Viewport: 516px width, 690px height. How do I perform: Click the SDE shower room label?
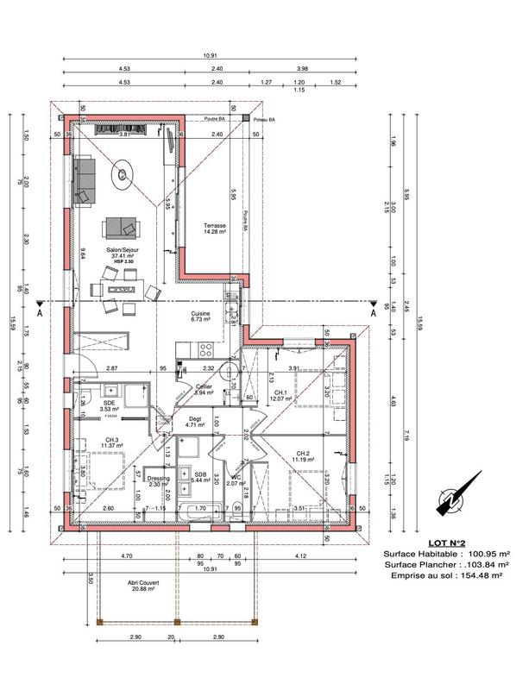coord(110,403)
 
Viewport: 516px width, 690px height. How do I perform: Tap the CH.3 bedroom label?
coord(112,441)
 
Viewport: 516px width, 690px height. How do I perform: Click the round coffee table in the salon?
coord(124,175)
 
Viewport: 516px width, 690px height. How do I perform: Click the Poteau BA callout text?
coord(262,120)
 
